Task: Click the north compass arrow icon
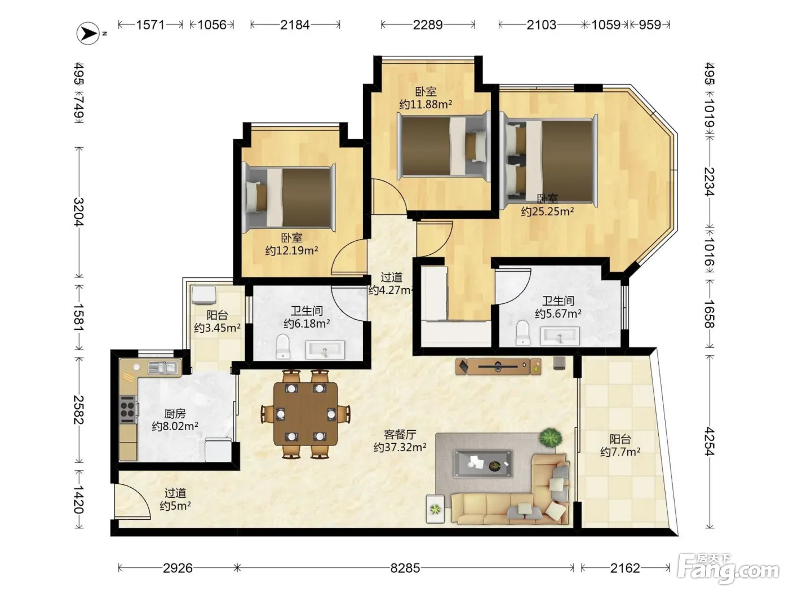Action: click(x=88, y=33)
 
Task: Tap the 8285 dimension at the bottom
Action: click(x=405, y=568)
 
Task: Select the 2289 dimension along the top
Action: click(x=427, y=25)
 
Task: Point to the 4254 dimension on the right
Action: click(x=709, y=441)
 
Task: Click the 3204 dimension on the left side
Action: click(x=79, y=212)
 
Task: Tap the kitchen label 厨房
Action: click(x=175, y=414)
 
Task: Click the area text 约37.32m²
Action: click(x=400, y=447)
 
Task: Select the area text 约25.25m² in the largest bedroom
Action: click(x=547, y=211)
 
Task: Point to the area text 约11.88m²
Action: click(x=425, y=104)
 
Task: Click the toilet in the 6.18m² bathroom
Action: click(x=283, y=347)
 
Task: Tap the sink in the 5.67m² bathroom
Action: click(x=560, y=336)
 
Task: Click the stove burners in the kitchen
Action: click(x=127, y=409)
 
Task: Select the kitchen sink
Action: click(x=162, y=368)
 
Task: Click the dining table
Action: click(x=305, y=414)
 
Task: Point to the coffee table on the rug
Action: click(x=483, y=463)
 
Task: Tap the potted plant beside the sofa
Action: click(x=550, y=438)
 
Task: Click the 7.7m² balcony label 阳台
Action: click(x=620, y=439)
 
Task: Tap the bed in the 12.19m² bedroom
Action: click(x=289, y=198)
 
